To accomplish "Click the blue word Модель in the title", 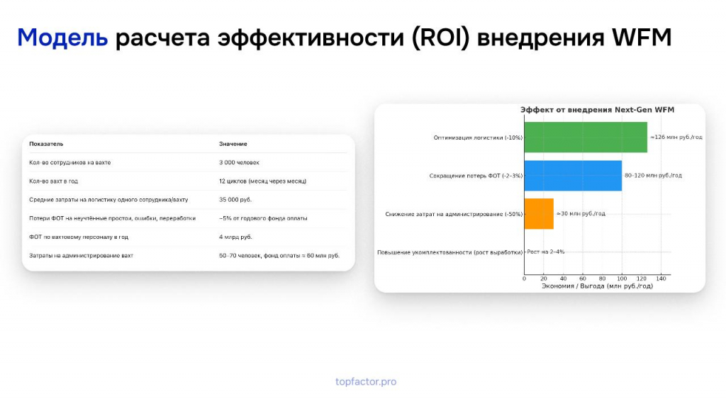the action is [62, 38].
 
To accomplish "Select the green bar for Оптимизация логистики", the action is [586, 137].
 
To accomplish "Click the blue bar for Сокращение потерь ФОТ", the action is [573, 176].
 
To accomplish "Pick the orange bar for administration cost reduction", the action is [539, 214].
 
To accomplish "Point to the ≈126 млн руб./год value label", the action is [676, 137].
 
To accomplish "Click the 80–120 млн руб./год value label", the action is [653, 175].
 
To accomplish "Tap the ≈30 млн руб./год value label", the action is [581, 214].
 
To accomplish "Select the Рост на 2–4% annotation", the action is [545, 252].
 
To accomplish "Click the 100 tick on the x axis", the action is [622, 278].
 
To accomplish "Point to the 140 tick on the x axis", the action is [661, 278].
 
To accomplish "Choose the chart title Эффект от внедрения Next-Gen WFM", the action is [597, 110].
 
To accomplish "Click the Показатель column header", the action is [46, 144].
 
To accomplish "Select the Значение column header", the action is [233, 144].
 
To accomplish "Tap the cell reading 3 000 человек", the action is [239, 162].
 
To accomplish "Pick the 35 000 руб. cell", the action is [235, 200].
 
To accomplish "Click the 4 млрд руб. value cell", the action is [235, 237].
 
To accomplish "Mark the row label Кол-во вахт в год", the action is [54, 181].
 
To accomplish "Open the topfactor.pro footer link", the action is [366, 382].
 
